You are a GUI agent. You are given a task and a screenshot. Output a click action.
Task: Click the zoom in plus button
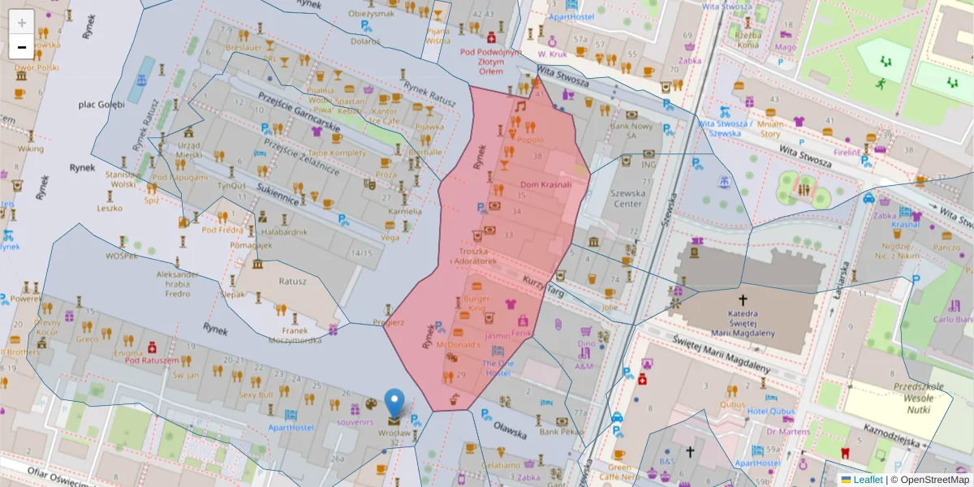[x=22, y=23]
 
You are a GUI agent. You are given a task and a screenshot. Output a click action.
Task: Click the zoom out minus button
[x=22, y=47]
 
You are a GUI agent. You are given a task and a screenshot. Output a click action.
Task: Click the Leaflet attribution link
[x=868, y=480]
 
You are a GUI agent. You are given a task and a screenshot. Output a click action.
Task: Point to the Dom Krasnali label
[x=545, y=184]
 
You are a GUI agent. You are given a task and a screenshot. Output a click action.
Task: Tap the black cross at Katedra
[x=743, y=300]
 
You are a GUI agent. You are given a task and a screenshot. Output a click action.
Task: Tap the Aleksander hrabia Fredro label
[x=178, y=284]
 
